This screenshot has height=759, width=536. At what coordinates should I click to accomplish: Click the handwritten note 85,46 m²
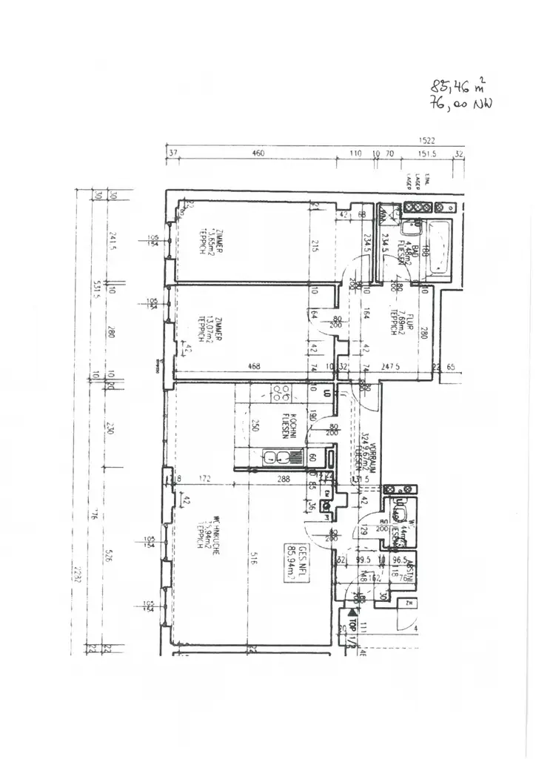point(458,87)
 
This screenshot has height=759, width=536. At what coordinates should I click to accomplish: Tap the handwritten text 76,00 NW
point(460,105)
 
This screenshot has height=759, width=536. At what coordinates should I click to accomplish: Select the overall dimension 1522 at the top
point(426,139)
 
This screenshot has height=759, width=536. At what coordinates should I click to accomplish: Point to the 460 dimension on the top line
point(258,154)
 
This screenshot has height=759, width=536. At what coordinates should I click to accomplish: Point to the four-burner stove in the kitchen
point(281,393)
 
